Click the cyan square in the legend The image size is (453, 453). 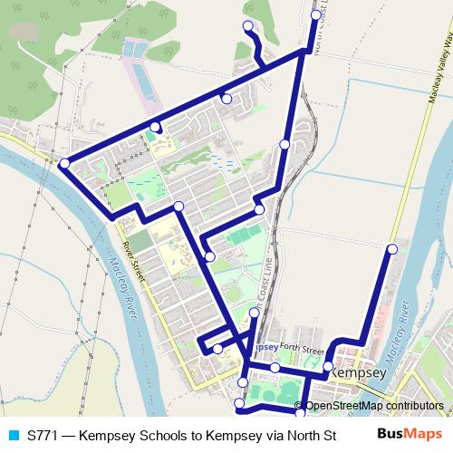(14, 436)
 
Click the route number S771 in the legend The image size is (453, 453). (43, 436)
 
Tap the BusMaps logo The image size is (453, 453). (410, 435)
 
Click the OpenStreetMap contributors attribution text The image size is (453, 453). (374, 406)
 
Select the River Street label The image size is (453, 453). (133, 257)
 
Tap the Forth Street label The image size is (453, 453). (301, 348)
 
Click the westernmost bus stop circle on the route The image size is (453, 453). (64, 163)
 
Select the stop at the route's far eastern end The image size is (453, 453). (392, 248)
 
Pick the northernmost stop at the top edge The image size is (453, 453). (315, 15)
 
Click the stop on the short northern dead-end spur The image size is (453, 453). (247, 26)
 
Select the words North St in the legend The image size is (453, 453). (310, 436)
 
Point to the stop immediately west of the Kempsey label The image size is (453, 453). (328, 366)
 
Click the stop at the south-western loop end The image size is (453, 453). (217, 349)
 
